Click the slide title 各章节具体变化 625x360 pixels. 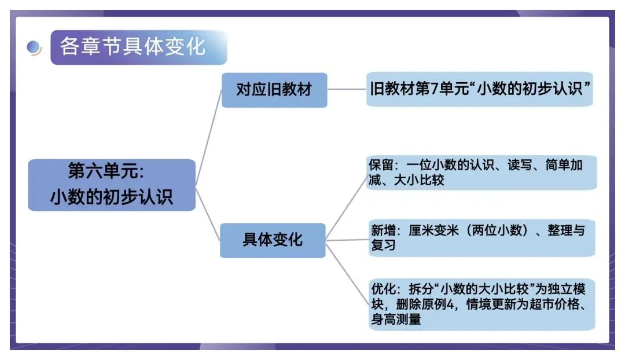pos(133,46)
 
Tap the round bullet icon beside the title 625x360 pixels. pos(34,48)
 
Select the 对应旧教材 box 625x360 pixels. pos(274,90)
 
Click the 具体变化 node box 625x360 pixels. pos(273,240)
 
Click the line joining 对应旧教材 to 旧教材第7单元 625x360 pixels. pos(347,90)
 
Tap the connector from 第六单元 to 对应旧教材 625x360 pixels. pos(208,139)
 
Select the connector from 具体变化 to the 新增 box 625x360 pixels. pos(347,239)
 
